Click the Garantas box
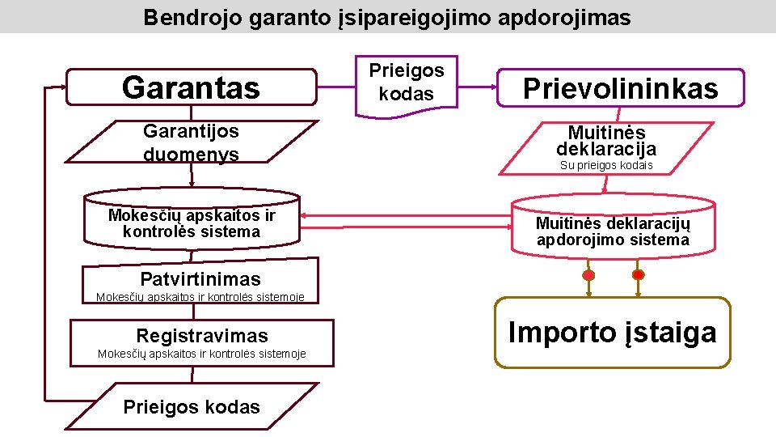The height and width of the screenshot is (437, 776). (191, 87)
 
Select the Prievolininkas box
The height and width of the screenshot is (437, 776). (620, 88)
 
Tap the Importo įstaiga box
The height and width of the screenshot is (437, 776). (612, 333)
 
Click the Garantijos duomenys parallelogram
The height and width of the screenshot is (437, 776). (192, 142)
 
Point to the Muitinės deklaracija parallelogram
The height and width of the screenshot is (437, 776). (606, 146)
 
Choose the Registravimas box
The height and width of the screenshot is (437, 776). (201, 335)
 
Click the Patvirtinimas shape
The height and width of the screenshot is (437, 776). (200, 279)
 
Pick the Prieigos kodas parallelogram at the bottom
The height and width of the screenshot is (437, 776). (192, 407)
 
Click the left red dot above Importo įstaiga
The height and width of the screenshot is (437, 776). (588, 275)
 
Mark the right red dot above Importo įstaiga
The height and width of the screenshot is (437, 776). (638, 275)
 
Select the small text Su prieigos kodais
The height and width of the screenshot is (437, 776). (606, 166)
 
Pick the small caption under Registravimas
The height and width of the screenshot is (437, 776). (201, 354)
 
